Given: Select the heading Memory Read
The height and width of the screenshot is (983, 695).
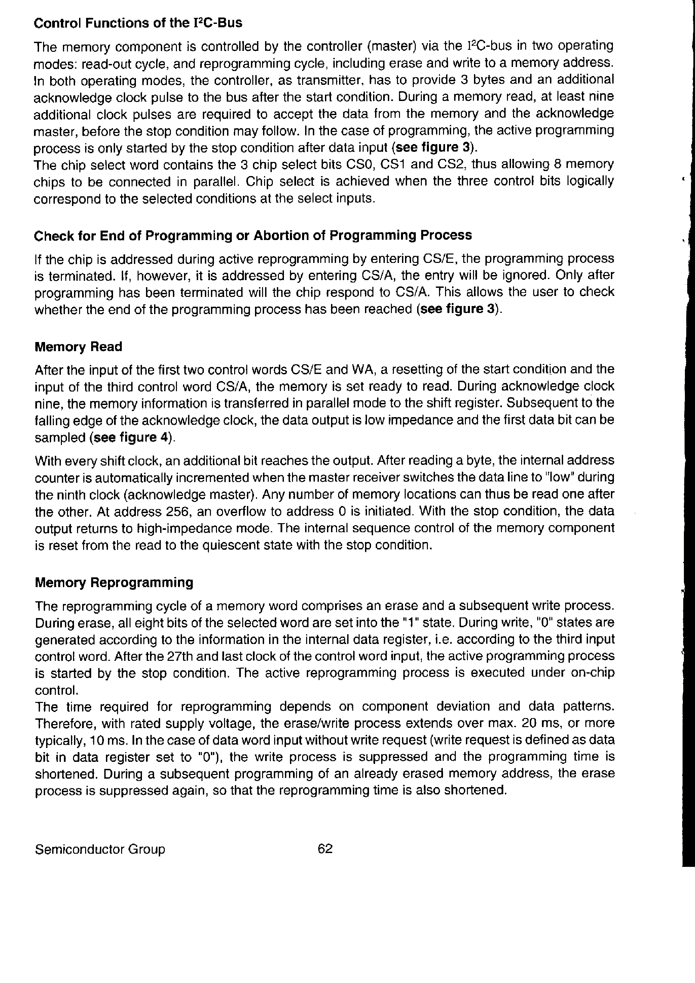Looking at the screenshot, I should point(78,346).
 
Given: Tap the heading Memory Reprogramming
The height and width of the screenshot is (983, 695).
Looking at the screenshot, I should point(114,582).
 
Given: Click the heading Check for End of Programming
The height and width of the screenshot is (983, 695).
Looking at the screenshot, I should point(253,235).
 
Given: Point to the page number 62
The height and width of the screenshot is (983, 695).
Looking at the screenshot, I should point(325,849).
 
